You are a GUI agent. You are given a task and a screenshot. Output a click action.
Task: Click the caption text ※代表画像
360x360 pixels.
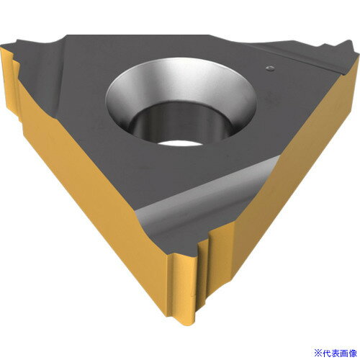click(331, 351)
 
